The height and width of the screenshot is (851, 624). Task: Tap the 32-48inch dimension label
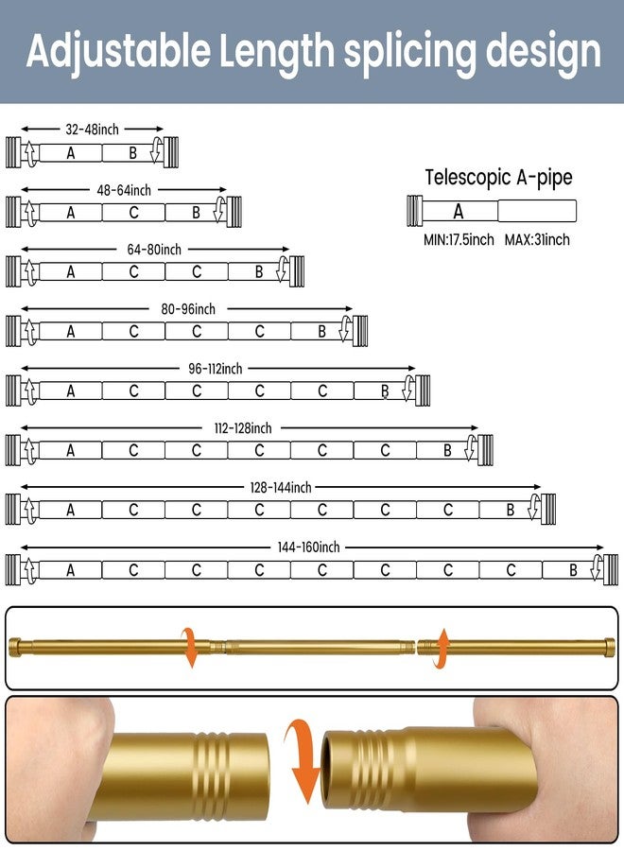point(92,130)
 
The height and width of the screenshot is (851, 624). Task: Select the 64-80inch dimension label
point(154,249)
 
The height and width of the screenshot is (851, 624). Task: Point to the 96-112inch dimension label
point(215,369)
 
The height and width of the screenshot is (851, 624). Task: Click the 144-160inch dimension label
point(308,547)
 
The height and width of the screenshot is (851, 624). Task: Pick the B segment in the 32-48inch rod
point(132,153)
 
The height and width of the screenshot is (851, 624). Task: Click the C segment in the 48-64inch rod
point(133,213)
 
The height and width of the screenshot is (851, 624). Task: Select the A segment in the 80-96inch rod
point(71,332)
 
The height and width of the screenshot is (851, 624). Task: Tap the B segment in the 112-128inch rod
point(447,450)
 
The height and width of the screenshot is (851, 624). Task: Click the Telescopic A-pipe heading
point(498,177)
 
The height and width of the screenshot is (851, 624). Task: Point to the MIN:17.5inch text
point(459,239)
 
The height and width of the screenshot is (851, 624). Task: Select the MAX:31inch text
point(537,239)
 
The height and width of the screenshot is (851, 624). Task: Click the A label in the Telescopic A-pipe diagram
point(459,211)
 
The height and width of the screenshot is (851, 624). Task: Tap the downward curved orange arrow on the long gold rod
point(189,648)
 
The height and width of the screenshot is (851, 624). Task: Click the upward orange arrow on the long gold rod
point(442,649)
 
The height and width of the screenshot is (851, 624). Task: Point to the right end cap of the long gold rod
point(609,647)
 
